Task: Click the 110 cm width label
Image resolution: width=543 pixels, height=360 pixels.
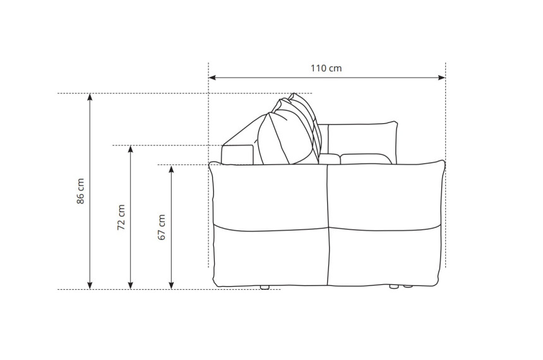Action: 326,68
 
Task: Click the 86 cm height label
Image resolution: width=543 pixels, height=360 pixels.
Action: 80,191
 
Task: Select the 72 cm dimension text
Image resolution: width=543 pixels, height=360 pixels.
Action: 121,218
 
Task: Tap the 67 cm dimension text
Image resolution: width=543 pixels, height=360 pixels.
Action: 162,227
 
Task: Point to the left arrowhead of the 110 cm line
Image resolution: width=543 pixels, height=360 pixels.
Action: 212,77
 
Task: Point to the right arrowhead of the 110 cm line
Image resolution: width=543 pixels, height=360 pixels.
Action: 441,77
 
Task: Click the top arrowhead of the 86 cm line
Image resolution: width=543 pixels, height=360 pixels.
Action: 90,97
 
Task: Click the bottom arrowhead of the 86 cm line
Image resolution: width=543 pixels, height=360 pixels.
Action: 90,285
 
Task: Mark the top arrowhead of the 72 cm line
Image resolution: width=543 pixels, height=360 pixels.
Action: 131,149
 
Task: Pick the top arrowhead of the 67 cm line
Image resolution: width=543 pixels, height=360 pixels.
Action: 171,169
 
